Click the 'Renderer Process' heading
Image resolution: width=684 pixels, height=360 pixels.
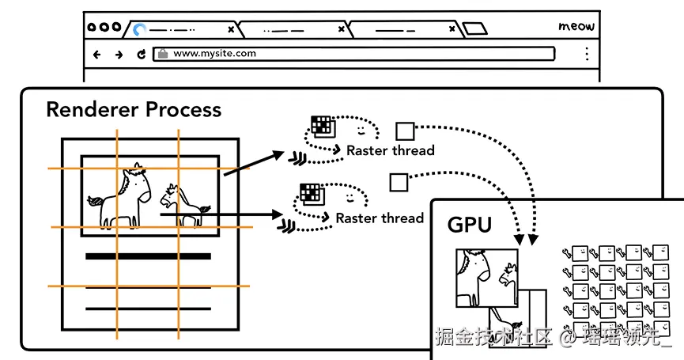pyautogui.click(x=134, y=109)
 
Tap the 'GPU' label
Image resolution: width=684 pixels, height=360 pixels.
pyautogui.click(x=470, y=225)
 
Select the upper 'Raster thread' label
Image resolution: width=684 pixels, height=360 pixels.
pyautogui.click(x=391, y=150)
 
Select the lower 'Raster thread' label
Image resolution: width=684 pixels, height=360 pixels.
pyautogui.click(x=380, y=218)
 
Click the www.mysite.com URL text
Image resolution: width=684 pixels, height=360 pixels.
pyautogui.click(x=214, y=54)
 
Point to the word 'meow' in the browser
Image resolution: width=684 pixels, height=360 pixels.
pyautogui.click(x=576, y=26)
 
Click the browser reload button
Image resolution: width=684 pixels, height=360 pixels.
pyautogui.click(x=141, y=55)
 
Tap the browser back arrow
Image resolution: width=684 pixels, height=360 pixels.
pyautogui.click(x=97, y=55)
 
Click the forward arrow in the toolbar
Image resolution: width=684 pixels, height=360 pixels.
pyautogui.click(x=119, y=55)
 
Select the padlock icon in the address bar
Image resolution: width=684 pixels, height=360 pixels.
pyautogui.click(x=162, y=54)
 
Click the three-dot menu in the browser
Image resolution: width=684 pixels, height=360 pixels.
pyautogui.click(x=587, y=54)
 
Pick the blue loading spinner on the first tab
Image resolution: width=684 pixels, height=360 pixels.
pyautogui.click(x=140, y=30)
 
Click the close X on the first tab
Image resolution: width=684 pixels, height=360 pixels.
pyautogui.click(x=231, y=29)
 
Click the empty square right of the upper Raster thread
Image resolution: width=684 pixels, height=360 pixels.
pyautogui.click(x=405, y=131)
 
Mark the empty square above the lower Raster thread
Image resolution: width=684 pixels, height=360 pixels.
pyautogui.click(x=398, y=183)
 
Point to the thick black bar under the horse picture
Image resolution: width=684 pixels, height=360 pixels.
pyautogui.click(x=148, y=256)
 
